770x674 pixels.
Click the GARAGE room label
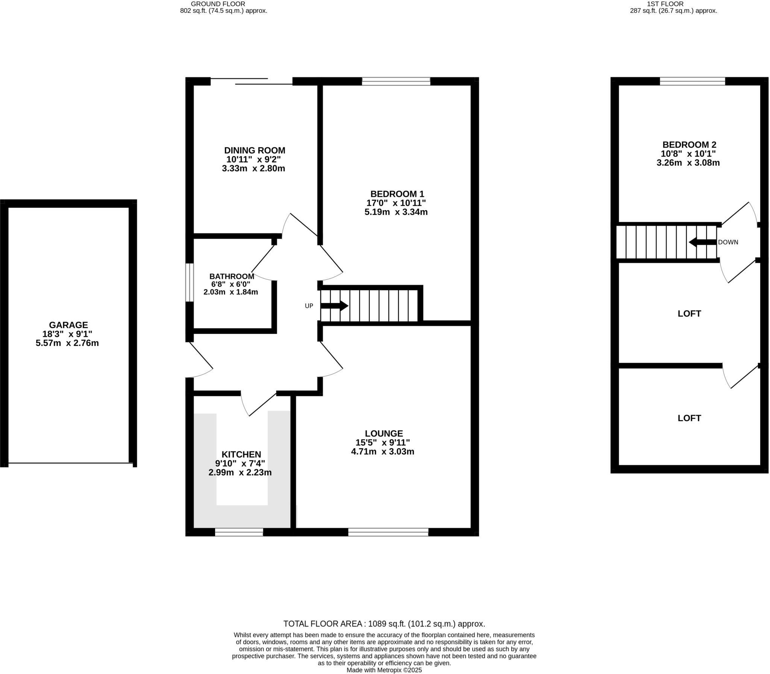pos(68,325)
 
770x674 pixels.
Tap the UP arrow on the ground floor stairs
pos(334,306)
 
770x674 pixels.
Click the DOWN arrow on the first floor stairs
pos(702,242)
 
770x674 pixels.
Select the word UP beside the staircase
pos(309,306)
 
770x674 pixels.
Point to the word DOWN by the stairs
pos(728,242)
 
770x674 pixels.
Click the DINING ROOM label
pos(255,150)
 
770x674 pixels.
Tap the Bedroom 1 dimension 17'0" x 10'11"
pos(396,203)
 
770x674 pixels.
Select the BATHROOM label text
pos(232,276)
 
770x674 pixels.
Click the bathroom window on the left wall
pos(189,282)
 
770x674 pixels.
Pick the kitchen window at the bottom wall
pos(239,532)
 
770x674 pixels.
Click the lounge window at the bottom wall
pos(388,532)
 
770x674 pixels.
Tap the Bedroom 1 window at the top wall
pos(396,81)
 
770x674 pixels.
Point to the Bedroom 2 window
pos(692,81)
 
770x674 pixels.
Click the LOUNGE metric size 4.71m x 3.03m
pos(382,452)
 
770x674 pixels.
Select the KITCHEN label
pos(241,454)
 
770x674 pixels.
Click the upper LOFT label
pos(689,314)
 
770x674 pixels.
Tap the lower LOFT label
pos(689,418)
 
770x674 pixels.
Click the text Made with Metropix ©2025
pos(384,670)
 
